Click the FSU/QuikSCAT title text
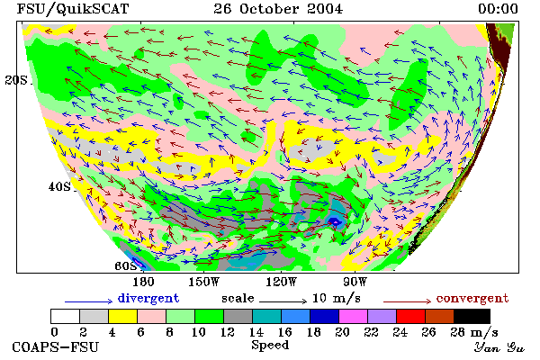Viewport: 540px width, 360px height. (73, 9)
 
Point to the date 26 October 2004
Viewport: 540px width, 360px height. (278, 9)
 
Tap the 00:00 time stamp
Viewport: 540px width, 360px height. (498, 9)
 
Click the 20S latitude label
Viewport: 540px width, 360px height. (16, 80)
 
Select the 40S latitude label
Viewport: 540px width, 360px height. (59, 186)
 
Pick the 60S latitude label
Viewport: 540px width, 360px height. (126, 265)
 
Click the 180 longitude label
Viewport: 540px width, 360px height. (143, 282)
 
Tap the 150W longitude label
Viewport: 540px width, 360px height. (204, 282)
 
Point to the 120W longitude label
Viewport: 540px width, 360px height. (281, 282)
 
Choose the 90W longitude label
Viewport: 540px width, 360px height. (355, 282)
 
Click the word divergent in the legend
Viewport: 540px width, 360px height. (148, 298)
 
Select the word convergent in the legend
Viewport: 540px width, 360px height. (472, 298)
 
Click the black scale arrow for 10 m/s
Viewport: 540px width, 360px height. (283, 301)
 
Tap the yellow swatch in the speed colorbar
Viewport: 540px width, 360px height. (123, 316)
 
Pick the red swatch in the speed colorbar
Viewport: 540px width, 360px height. (411, 316)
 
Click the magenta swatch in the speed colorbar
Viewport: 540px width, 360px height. (354, 316)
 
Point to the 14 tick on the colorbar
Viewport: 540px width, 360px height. (256, 332)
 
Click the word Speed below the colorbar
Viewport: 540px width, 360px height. (270, 346)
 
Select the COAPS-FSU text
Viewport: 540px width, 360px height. (55, 346)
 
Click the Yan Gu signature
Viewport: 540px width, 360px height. (499, 346)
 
